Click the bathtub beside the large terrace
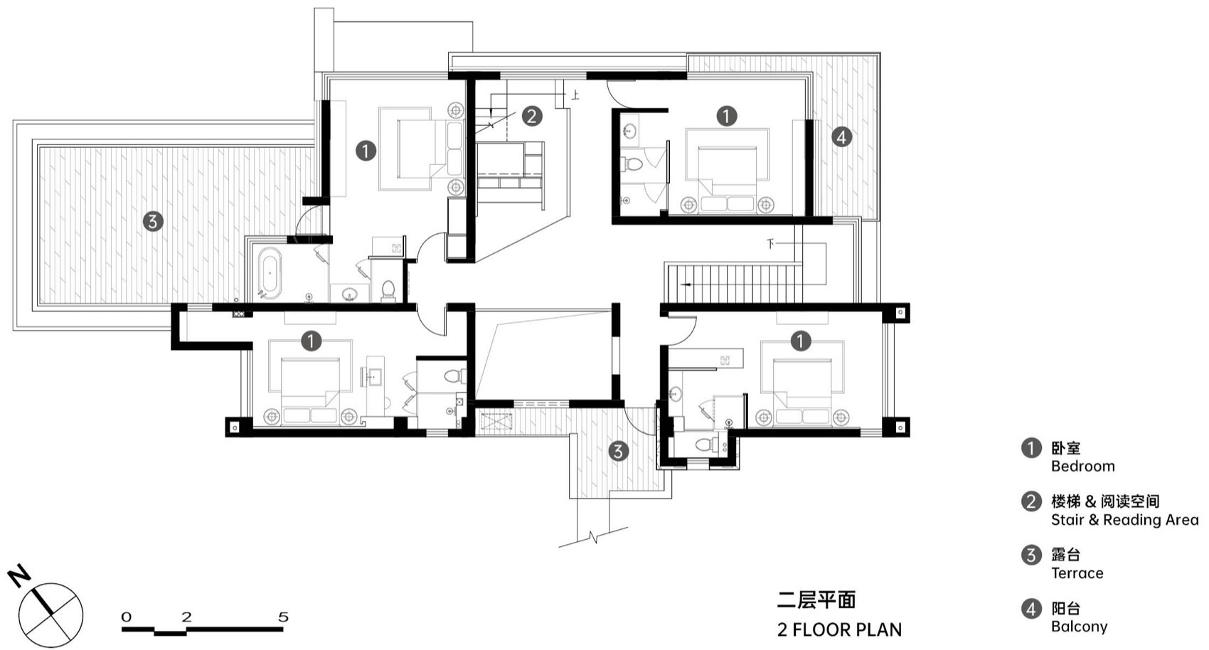click(270, 271)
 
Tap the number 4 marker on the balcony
click(841, 137)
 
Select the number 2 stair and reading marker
click(531, 116)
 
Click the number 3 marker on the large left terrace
click(152, 221)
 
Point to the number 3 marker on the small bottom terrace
click(618, 450)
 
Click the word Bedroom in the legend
click(1082, 467)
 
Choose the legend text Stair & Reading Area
click(1124, 520)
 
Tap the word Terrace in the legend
click(1077, 573)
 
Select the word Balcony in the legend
click(1079, 627)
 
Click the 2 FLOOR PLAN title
click(839, 629)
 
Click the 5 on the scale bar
click(283, 617)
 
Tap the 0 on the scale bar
click(127, 617)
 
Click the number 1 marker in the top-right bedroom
click(726, 116)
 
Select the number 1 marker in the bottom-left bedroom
click(311, 341)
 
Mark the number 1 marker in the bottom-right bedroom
click(800, 341)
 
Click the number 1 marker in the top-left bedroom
click(366, 151)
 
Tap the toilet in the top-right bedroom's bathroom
click(632, 165)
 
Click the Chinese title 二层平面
click(816, 600)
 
